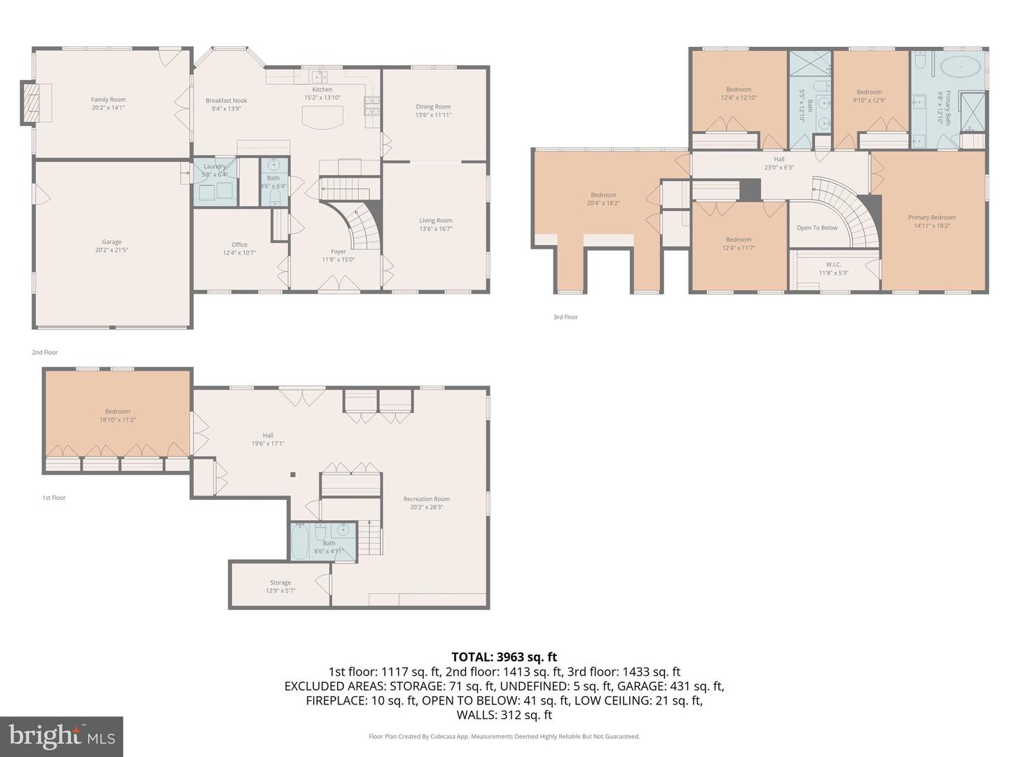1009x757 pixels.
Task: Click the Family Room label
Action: click(108, 100)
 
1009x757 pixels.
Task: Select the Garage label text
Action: click(111, 242)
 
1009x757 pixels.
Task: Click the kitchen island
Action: click(322, 122)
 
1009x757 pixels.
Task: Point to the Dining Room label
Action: click(433, 107)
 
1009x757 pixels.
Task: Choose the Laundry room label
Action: click(214, 167)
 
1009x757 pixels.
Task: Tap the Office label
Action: click(240, 245)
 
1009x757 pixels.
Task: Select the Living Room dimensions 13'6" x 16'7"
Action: click(436, 229)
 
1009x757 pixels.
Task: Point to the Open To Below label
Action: click(817, 228)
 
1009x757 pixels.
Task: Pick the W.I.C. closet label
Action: click(833, 264)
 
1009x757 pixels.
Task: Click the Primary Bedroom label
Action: click(932, 217)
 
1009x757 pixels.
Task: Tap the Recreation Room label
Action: click(426, 499)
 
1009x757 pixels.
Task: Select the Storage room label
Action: click(280, 582)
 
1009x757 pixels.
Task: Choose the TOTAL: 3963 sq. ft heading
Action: click(504, 657)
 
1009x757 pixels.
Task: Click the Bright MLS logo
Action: click(62, 736)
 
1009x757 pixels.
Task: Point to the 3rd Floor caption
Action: click(565, 317)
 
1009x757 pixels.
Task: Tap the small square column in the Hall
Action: click(293, 475)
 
